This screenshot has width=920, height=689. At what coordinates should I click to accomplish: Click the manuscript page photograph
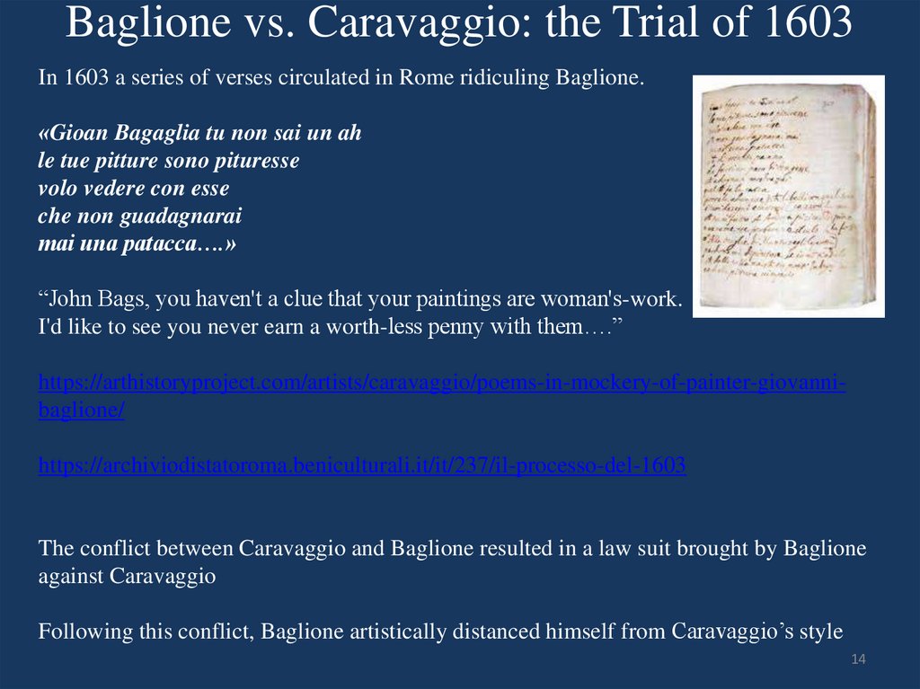(x=788, y=196)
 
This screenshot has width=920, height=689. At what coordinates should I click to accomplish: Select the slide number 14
(x=857, y=660)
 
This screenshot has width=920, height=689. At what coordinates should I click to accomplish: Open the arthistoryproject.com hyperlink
(x=441, y=384)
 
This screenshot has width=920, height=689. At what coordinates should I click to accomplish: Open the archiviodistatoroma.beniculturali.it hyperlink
(x=362, y=465)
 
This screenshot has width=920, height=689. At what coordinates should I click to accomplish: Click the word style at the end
(x=822, y=632)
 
